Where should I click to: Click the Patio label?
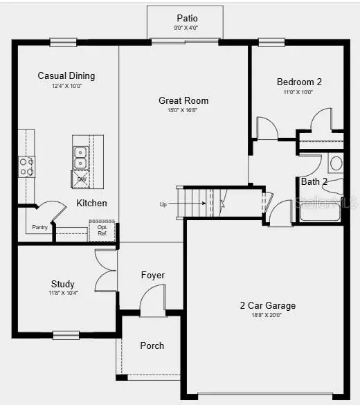[187, 18]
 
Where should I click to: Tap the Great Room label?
[183, 100]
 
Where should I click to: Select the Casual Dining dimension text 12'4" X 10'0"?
[66, 86]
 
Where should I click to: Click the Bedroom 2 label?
[299, 81]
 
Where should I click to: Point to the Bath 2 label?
[314, 182]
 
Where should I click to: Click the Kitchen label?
[91, 203]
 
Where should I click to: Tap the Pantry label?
[39, 227]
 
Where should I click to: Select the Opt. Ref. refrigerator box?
[102, 231]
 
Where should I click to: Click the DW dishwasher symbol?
[81, 180]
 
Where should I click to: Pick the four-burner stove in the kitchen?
[26, 166]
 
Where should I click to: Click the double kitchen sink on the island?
[80, 157]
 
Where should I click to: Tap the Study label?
[63, 284]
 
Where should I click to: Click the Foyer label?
[153, 275]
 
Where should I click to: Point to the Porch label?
[152, 345]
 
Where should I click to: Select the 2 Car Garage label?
[267, 305]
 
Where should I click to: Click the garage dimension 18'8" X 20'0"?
[267, 315]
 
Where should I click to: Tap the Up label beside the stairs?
[163, 204]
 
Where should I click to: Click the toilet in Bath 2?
[336, 164]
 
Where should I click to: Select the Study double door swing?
[106, 269]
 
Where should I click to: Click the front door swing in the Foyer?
[152, 302]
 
